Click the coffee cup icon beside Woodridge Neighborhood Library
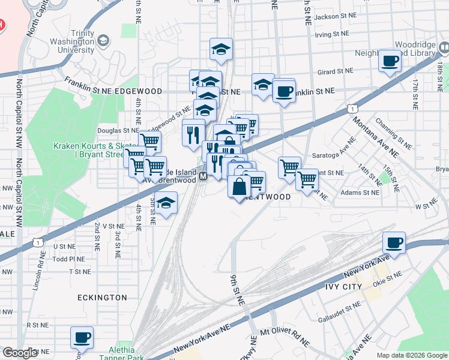(391, 60)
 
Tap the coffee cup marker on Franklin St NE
(283, 91)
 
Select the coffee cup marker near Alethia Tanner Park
(82, 338)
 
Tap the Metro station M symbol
(203, 176)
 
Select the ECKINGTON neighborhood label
(102, 298)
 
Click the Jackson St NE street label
(335, 17)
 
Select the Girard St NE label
(336, 71)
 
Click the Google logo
(20, 352)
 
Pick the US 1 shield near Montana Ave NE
(353, 108)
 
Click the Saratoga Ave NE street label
(334, 155)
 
